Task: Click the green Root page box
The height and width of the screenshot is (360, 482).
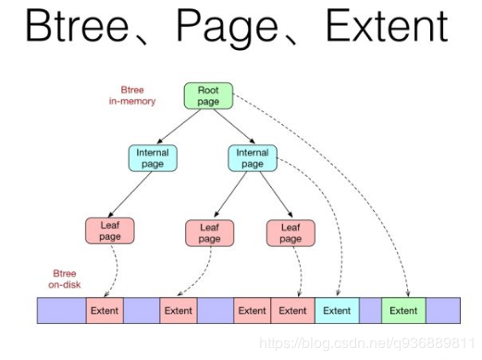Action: click(x=207, y=96)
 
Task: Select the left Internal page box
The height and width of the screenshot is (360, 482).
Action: click(x=152, y=158)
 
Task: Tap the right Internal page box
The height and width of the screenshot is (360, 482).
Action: click(x=252, y=158)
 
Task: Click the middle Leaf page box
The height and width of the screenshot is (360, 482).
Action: click(x=209, y=232)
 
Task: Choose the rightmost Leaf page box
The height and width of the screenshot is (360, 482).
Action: click(x=290, y=232)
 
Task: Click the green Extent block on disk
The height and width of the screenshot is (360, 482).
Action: click(x=402, y=310)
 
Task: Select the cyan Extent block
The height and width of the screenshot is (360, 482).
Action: click(x=337, y=310)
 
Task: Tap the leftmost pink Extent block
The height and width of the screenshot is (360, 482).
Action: click(x=105, y=310)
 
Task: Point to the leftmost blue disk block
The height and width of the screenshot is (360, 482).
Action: click(x=61, y=310)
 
